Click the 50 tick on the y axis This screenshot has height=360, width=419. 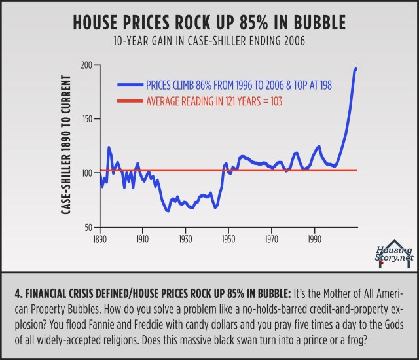[89, 227]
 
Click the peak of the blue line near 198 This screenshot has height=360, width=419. [356, 68]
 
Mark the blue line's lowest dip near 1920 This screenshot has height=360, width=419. [168, 211]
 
